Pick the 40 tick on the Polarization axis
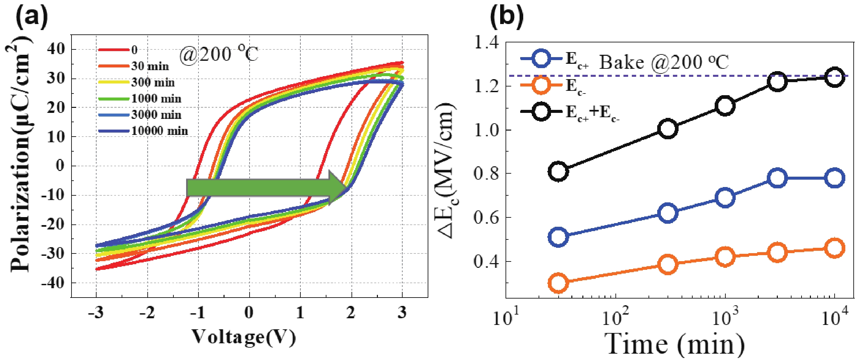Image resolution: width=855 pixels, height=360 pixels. (56, 49)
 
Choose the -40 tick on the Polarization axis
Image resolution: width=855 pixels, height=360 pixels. (53, 283)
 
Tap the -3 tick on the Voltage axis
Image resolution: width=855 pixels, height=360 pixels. (96, 313)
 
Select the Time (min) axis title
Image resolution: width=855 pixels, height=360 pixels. (675, 344)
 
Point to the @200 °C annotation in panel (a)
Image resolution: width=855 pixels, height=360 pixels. (219, 54)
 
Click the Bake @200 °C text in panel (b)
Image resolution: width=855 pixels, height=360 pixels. (663, 62)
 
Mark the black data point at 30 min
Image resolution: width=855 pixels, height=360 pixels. (558, 171)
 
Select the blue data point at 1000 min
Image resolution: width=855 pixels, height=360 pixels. (725, 197)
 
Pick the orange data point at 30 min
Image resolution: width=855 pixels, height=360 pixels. (558, 283)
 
